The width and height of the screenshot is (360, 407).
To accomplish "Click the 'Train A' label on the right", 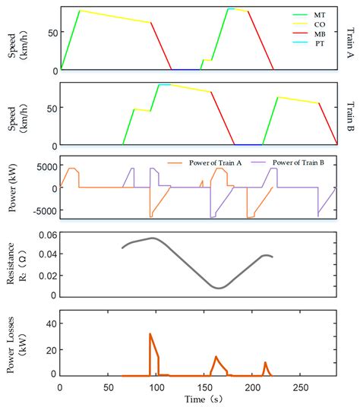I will [x=350, y=37].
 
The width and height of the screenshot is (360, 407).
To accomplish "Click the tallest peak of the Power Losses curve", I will [x=150, y=333].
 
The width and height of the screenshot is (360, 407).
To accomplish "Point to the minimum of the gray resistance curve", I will [x=219, y=288].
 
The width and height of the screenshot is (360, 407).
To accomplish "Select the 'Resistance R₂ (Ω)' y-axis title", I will [x=17, y=265].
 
